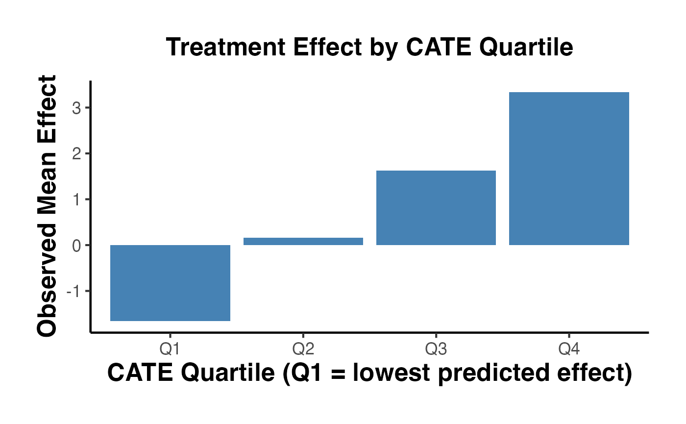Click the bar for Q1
(170, 283)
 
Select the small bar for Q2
(303, 241)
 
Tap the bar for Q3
(436, 208)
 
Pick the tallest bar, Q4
(569, 169)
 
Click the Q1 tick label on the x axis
(170, 349)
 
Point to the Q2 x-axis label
(303, 349)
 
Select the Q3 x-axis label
(436, 349)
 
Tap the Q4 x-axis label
(569, 349)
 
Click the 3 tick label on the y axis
(76, 108)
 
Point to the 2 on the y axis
(76, 154)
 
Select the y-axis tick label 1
(76, 200)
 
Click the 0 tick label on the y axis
(76, 245)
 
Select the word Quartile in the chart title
(527, 48)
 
